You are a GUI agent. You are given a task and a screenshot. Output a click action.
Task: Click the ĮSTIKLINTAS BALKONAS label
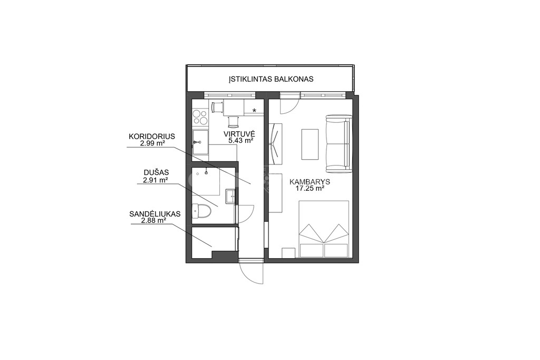(x=271, y=79)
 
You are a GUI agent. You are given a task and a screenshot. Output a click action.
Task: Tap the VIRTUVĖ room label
(x=239, y=134)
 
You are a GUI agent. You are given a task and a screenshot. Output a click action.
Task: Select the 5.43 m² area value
(x=241, y=140)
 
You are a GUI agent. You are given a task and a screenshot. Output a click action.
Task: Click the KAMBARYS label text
(x=310, y=182)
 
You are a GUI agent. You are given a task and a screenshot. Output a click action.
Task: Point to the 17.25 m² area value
(x=310, y=188)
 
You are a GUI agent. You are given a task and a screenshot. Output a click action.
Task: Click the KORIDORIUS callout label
(x=152, y=137)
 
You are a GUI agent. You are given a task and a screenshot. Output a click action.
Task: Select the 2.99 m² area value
(x=152, y=143)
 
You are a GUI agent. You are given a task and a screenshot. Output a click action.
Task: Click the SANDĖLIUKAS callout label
(x=155, y=213)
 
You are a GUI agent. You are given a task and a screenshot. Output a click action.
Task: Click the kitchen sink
(x=200, y=142)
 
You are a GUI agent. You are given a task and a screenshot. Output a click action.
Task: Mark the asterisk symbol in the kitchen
(x=255, y=111)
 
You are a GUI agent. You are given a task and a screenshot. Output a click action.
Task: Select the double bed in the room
(x=324, y=229)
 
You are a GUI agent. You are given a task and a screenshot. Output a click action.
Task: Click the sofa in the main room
(x=339, y=144)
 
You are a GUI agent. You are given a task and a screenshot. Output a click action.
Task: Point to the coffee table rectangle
(x=310, y=144)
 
